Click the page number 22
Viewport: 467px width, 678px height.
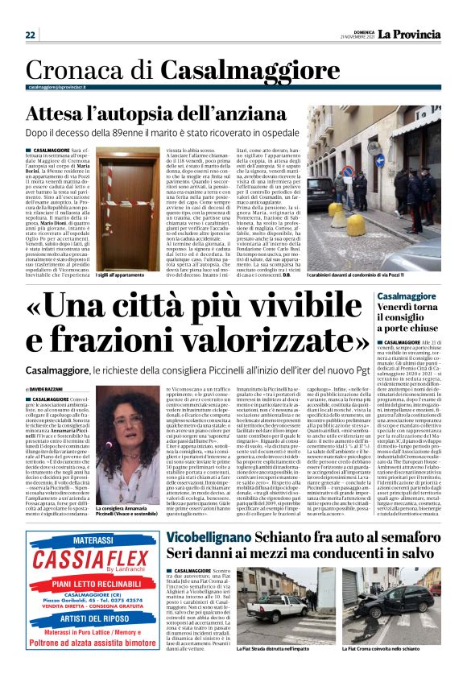[x=30, y=35]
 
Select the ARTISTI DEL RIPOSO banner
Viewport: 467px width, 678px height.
[x=91, y=618]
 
